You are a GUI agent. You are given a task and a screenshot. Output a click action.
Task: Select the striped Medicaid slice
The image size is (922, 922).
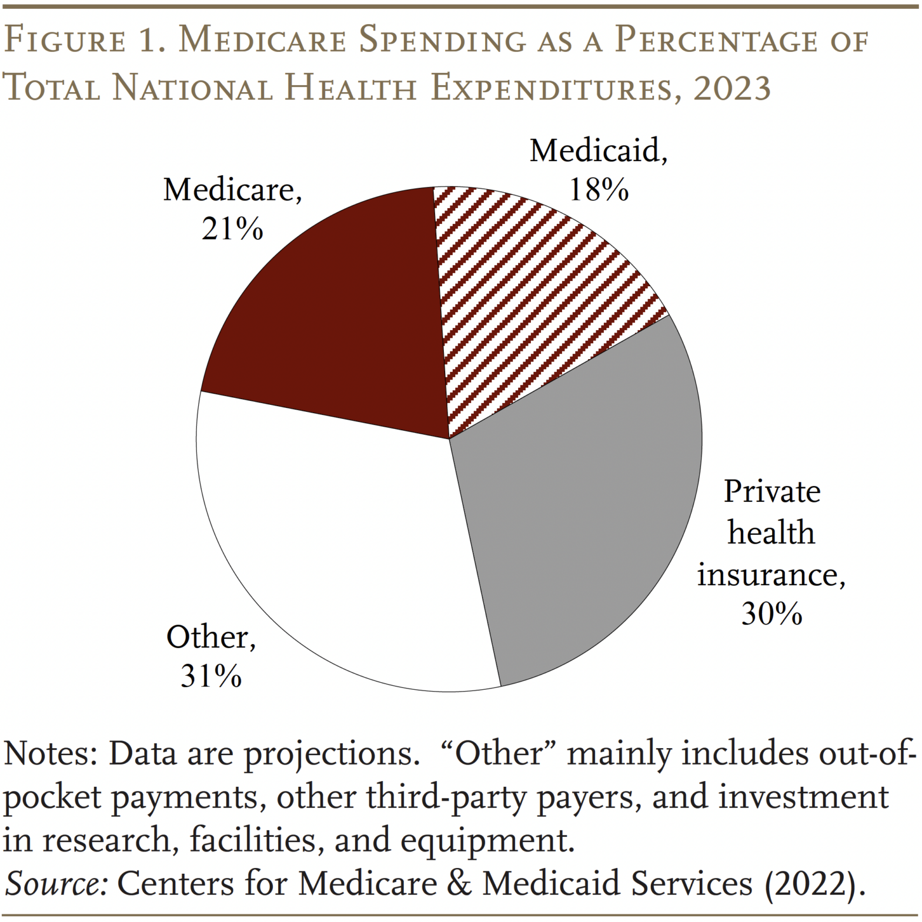click(529, 294)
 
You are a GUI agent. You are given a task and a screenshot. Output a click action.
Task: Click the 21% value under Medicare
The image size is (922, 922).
click(232, 230)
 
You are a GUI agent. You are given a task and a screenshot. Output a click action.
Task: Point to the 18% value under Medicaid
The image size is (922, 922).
click(598, 190)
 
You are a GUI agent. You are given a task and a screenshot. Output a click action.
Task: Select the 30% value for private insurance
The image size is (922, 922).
click(771, 614)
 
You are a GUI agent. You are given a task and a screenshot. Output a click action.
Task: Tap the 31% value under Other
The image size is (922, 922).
click(211, 676)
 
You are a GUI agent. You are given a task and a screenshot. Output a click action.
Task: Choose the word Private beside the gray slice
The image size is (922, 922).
click(771, 491)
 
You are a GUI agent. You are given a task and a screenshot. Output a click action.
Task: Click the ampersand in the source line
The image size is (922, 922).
click(459, 884)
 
